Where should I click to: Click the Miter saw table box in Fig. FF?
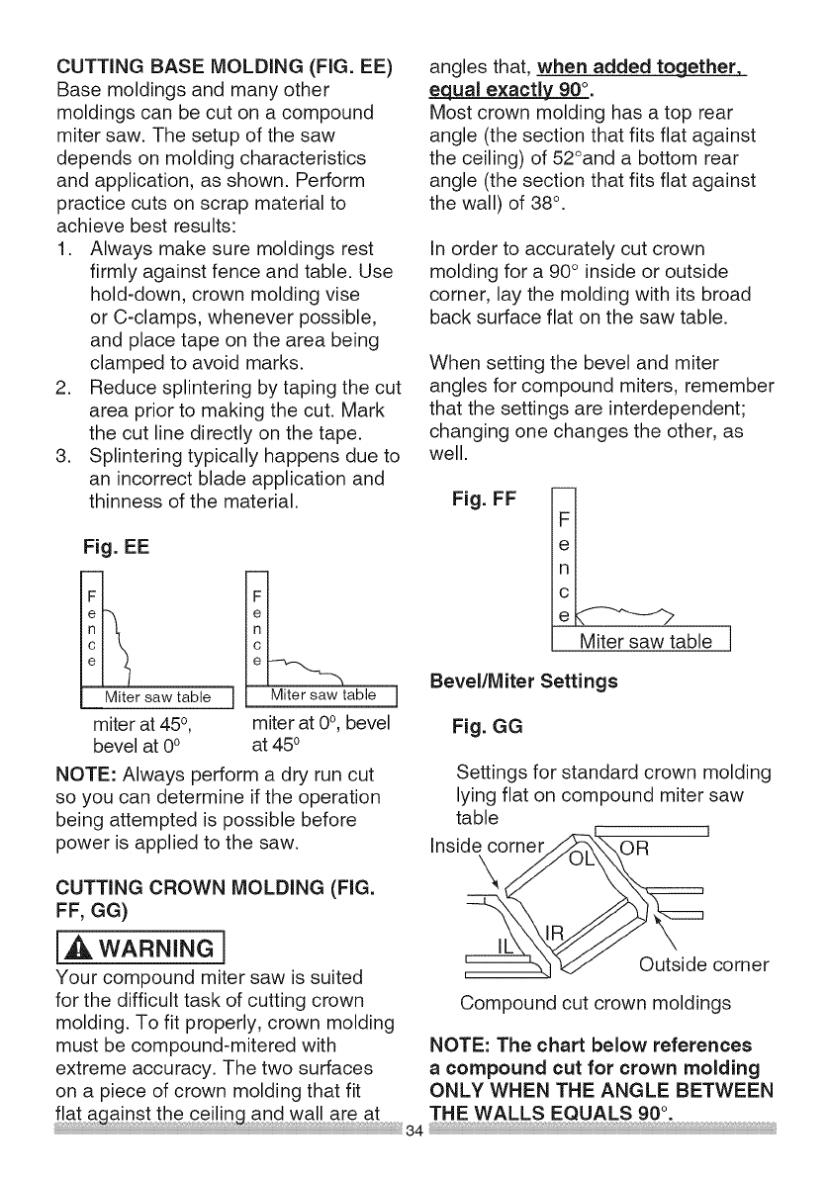645,643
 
